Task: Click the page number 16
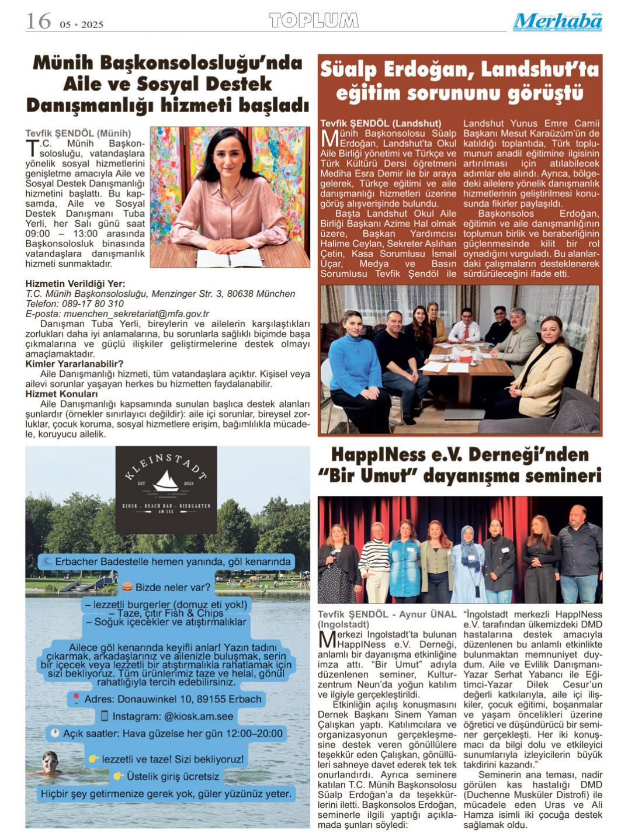[38, 21]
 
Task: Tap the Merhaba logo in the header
[557, 22]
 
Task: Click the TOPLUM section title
[314, 21]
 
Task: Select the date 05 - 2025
[81, 25]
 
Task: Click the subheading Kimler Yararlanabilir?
[74, 364]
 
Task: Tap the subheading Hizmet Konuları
[61, 394]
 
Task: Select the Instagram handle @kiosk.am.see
[199, 716]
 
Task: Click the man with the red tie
[465, 327]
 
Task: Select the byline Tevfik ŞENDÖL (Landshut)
[380, 123]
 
